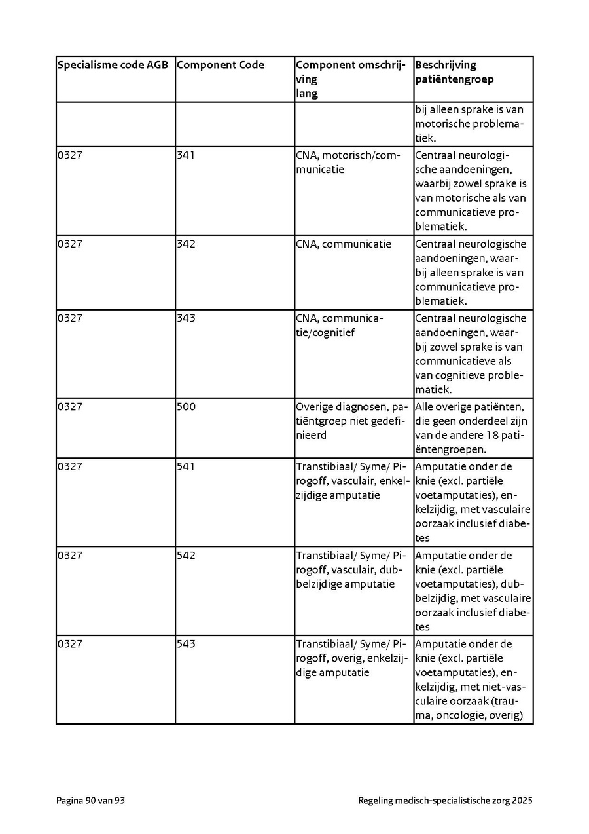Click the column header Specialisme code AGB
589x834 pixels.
point(113,65)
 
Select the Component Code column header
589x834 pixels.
point(221,65)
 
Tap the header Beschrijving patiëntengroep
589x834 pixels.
point(454,72)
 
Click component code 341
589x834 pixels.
point(186,155)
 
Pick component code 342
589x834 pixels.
point(186,244)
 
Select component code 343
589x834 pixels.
point(186,318)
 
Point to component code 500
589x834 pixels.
point(187,407)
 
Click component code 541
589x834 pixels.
point(186,467)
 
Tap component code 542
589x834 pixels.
point(186,556)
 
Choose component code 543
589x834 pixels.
point(186,644)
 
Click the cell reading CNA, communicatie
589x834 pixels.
point(344,244)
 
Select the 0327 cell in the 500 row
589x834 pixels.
point(70,407)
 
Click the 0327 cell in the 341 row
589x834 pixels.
point(70,155)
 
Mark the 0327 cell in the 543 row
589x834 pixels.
point(70,644)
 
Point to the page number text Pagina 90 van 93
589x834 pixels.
point(90,800)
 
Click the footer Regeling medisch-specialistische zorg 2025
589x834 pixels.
point(445,800)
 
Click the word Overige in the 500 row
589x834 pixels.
point(313,407)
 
